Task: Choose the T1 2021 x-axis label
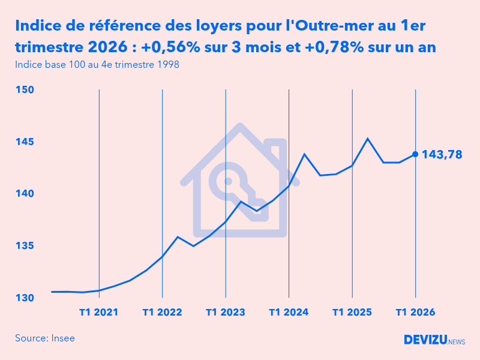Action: (98, 313)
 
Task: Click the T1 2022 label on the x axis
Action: (162, 313)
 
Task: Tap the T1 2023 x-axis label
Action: (225, 313)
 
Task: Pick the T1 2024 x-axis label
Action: (289, 313)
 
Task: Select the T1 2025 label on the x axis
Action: (352, 313)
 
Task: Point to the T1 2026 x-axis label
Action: (415, 313)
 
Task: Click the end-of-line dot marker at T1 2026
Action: (415, 154)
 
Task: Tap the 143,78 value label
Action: (442, 155)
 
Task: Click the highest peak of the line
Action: (368, 139)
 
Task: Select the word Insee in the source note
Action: (62, 338)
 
